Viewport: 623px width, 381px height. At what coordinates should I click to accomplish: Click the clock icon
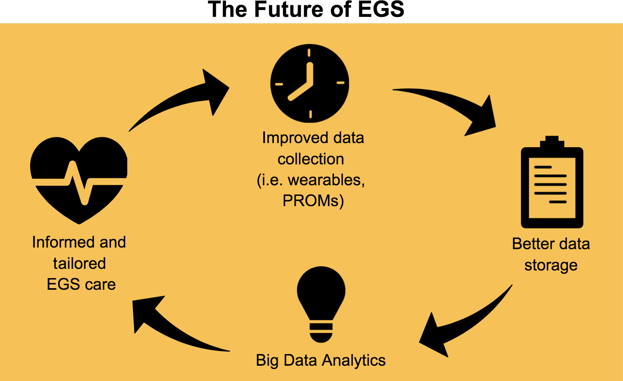point(309,83)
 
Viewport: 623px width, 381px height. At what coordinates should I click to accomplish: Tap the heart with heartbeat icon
point(79,180)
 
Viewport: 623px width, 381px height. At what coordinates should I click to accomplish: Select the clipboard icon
point(552,182)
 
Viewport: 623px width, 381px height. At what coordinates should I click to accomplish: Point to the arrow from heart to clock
point(178,96)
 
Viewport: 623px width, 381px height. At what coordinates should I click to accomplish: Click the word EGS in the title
point(381,10)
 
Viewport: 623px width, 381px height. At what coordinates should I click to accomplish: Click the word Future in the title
point(289,10)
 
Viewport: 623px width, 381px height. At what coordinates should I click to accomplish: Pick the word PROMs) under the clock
point(313,201)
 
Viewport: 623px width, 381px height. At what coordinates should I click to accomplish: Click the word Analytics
point(354,361)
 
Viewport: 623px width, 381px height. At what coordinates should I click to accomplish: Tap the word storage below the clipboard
point(551,265)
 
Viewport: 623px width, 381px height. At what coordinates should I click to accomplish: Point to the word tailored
point(79,263)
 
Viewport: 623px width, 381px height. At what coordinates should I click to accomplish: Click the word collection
point(311,159)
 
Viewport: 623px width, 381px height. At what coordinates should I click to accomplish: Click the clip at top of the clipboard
point(552,142)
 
